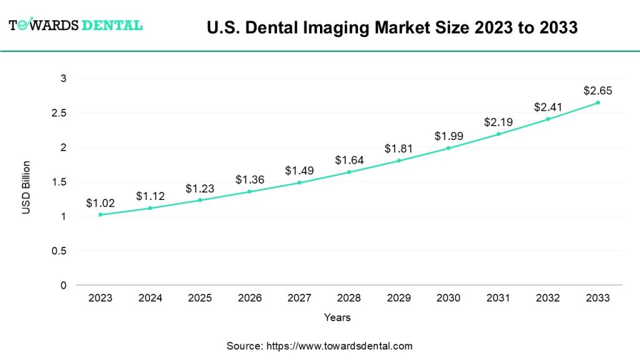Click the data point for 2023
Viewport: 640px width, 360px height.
101,214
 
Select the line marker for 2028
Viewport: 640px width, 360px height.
349,172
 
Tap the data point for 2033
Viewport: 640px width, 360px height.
597,102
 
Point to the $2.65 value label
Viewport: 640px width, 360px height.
597,91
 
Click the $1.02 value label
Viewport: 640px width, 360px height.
101,202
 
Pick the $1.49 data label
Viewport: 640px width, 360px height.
299,170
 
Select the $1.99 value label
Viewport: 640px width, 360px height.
448,136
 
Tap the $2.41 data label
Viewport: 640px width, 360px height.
547,107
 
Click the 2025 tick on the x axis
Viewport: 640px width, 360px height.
200,298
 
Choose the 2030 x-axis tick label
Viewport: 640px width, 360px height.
448,298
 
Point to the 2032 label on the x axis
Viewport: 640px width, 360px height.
547,298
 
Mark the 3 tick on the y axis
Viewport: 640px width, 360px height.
64,79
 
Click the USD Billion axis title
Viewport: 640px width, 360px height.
26,187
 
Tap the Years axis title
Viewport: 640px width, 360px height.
337,317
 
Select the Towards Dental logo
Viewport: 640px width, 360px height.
76,25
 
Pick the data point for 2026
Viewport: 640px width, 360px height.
249,191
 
